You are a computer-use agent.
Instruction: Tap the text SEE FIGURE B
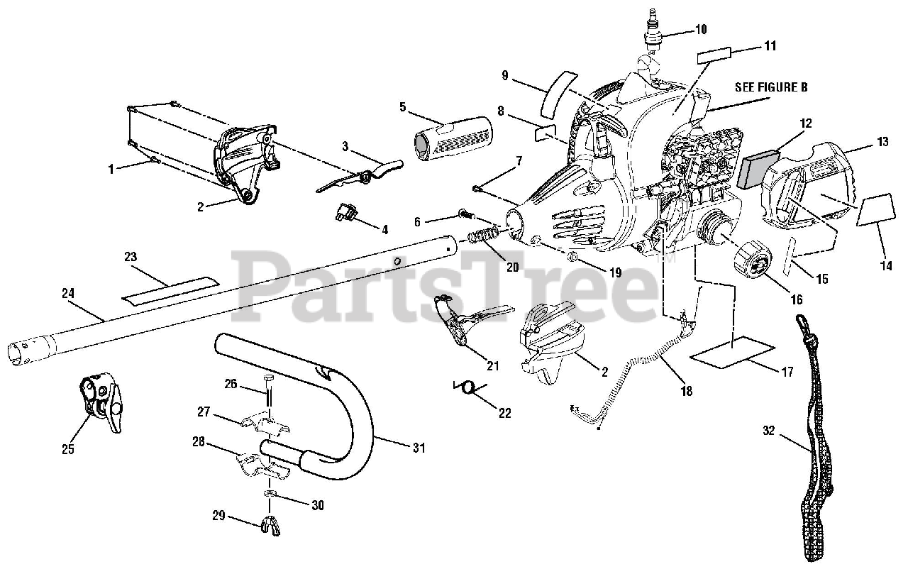[x=770, y=88]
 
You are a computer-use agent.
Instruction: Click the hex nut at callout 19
[x=573, y=255]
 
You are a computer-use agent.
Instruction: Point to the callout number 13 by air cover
[x=882, y=142]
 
